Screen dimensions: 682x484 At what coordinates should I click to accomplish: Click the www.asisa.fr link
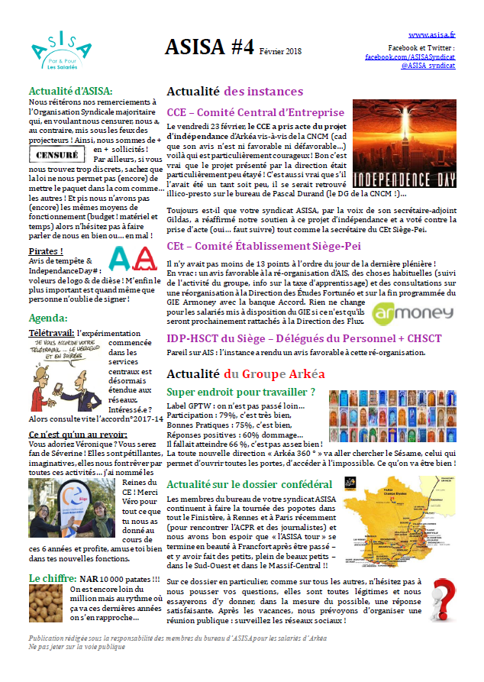(x=432, y=35)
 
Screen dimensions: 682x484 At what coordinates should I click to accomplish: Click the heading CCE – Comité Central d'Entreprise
(x=255, y=112)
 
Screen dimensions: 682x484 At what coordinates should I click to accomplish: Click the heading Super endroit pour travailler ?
(x=241, y=393)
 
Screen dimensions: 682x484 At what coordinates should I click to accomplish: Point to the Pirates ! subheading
(x=46, y=250)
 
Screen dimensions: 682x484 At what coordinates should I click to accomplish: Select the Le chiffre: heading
(x=50, y=579)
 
